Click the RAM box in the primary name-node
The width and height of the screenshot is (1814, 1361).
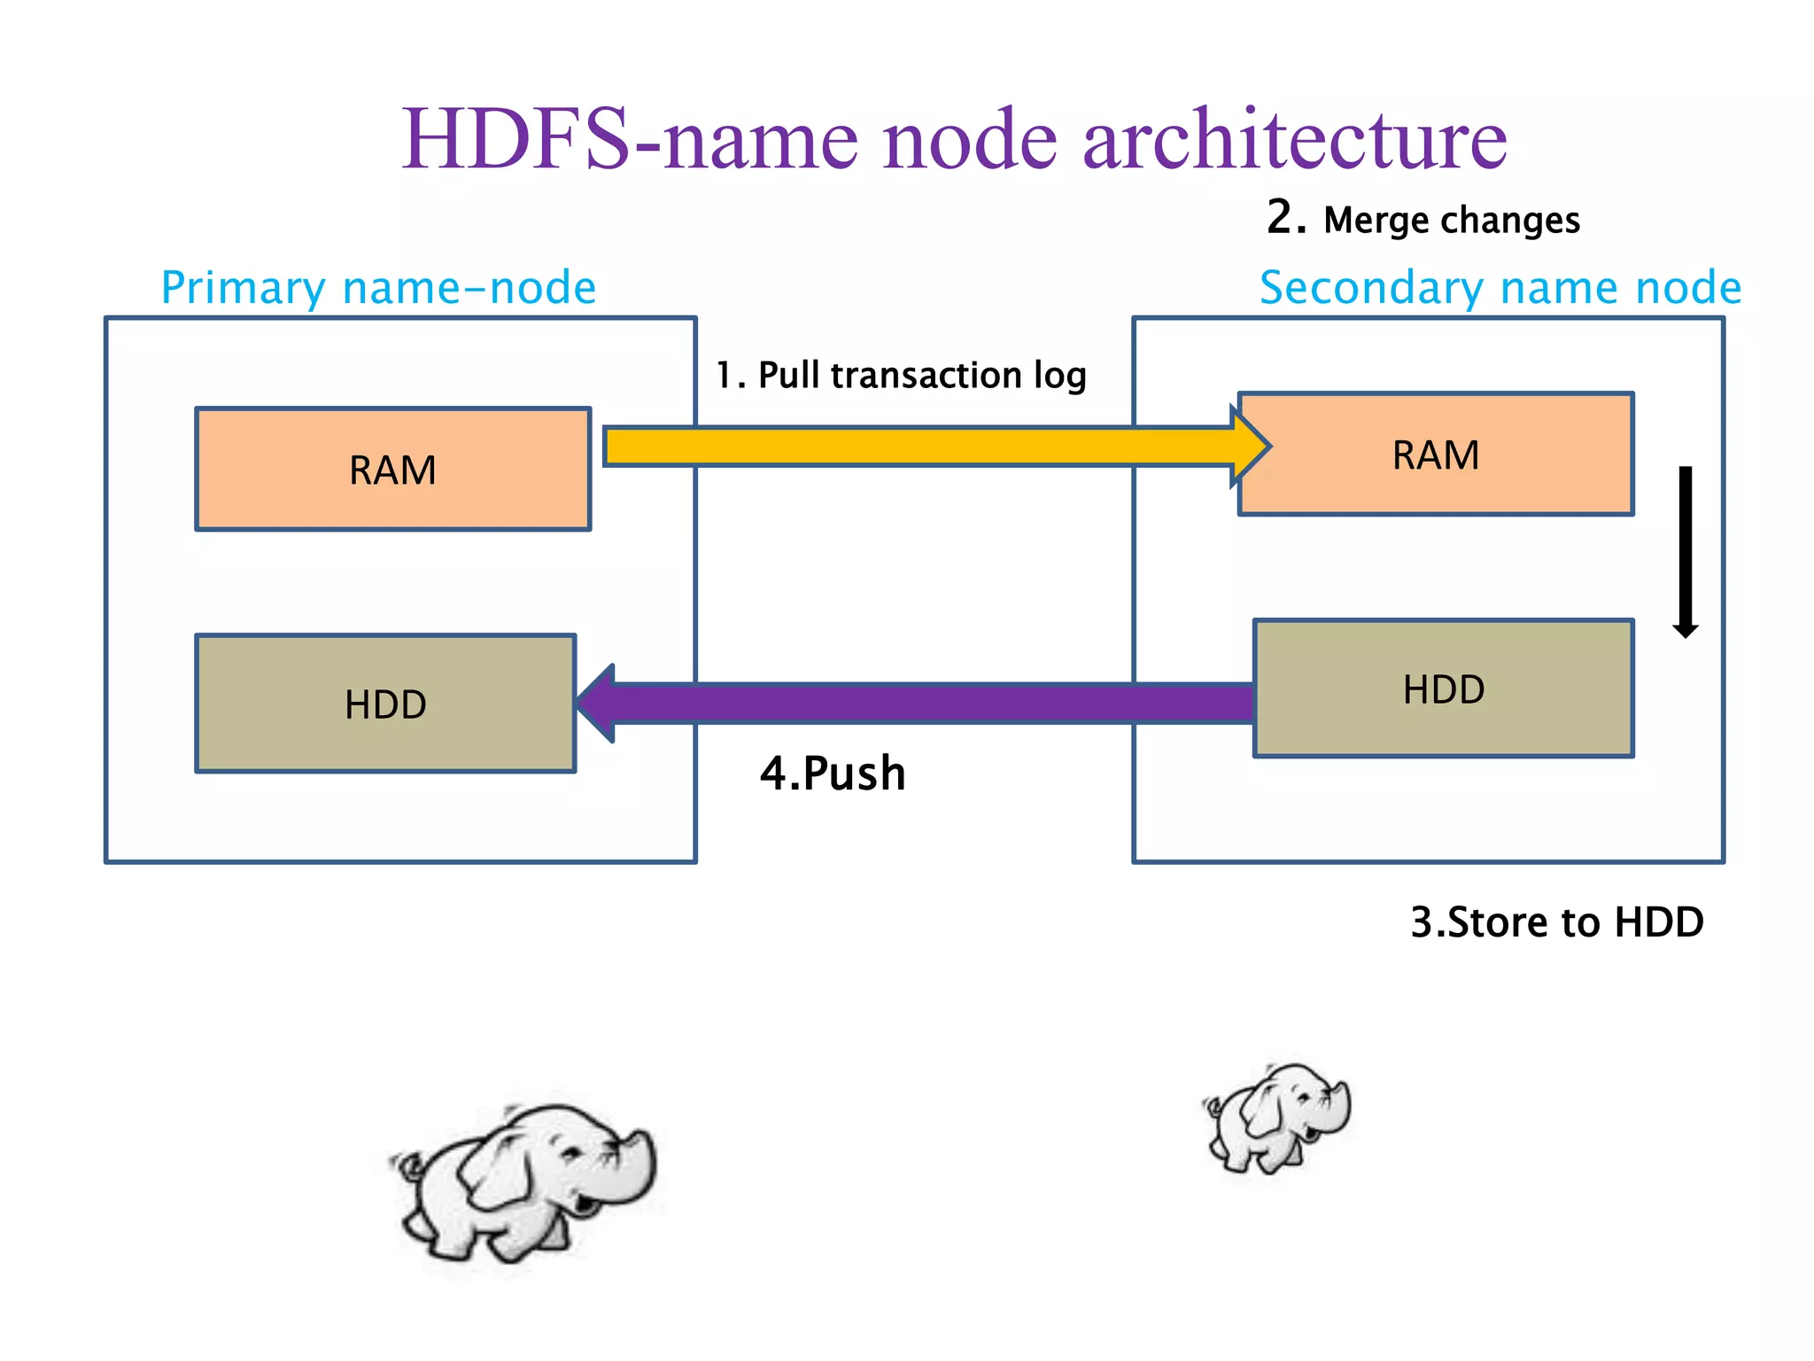coord(392,469)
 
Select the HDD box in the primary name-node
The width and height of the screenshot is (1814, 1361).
coord(385,704)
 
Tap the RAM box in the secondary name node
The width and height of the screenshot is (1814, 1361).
coord(1435,454)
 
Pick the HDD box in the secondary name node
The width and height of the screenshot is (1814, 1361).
coord(1443,688)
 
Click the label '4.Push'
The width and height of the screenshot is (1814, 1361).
coord(833,773)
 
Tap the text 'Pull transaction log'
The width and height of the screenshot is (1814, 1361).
coord(921,375)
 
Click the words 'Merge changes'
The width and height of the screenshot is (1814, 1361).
coord(1451,220)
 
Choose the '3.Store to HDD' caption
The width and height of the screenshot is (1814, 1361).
coord(1556,922)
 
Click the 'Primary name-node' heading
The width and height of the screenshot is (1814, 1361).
coord(378,287)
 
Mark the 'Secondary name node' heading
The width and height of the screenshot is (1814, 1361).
coord(1500,287)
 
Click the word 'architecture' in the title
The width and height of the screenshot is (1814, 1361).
coord(1294,139)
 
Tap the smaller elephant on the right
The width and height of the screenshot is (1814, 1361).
coord(1278,1118)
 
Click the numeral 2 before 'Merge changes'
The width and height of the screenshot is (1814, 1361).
coord(1285,216)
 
